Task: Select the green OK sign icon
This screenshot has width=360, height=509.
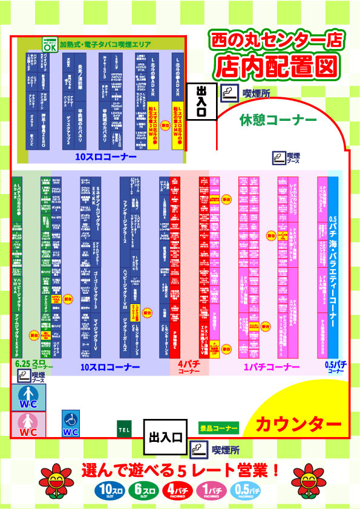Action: (x=50, y=45)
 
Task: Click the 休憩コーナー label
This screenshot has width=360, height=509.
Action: (x=278, y=120)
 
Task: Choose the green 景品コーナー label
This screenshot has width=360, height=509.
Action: (x=219, y=428)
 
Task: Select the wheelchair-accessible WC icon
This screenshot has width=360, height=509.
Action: (x=71, y=424)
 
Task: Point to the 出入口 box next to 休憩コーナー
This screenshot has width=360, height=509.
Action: (x=201, y=99)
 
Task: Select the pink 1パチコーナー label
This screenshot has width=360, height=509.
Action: (x=272, y=367)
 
